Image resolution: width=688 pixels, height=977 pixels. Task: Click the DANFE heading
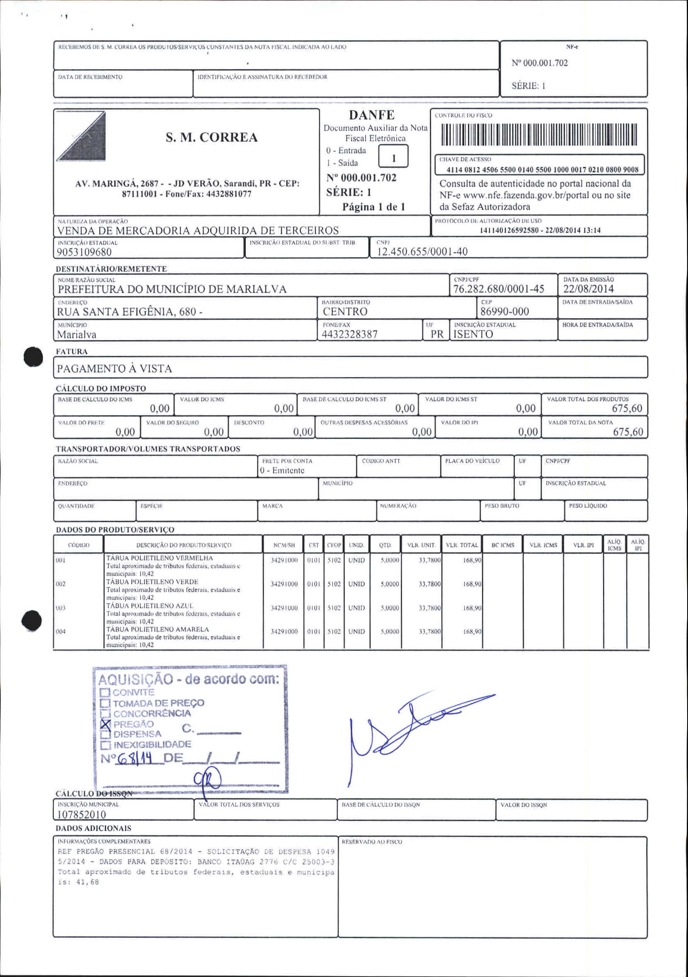[x=372, y=115]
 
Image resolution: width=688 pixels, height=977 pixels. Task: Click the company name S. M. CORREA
[x=212, y=138]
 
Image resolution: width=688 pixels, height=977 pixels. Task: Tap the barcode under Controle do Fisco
[x=538, y=135]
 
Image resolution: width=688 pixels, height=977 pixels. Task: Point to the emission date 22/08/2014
[x=589, y=289]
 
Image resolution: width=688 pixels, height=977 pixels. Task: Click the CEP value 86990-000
[x=504, y=312]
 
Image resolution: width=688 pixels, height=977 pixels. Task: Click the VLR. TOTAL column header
[x=462, y=545]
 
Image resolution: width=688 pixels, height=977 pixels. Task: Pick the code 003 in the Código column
[x=61, y=608]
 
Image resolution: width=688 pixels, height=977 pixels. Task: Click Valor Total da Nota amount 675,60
[x=627, y=432]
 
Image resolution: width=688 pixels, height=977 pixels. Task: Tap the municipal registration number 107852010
[x=81, y=815]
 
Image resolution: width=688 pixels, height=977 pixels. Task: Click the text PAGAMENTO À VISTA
[x=114, y=368]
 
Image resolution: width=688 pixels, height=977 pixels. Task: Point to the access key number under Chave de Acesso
[x=542, y=170]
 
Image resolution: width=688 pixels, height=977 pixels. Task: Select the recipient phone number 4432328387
[x=350, y=334]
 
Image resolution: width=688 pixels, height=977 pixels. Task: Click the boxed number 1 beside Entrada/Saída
[x=393, y=158]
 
